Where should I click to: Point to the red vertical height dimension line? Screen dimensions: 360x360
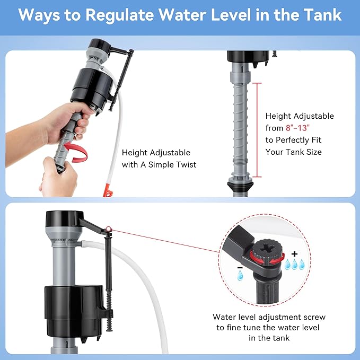[257, 130]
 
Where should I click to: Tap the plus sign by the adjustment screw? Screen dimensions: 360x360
[294, 254]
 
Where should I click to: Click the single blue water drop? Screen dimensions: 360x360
[240, 276]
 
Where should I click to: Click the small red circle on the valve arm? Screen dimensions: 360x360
[109, 230]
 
